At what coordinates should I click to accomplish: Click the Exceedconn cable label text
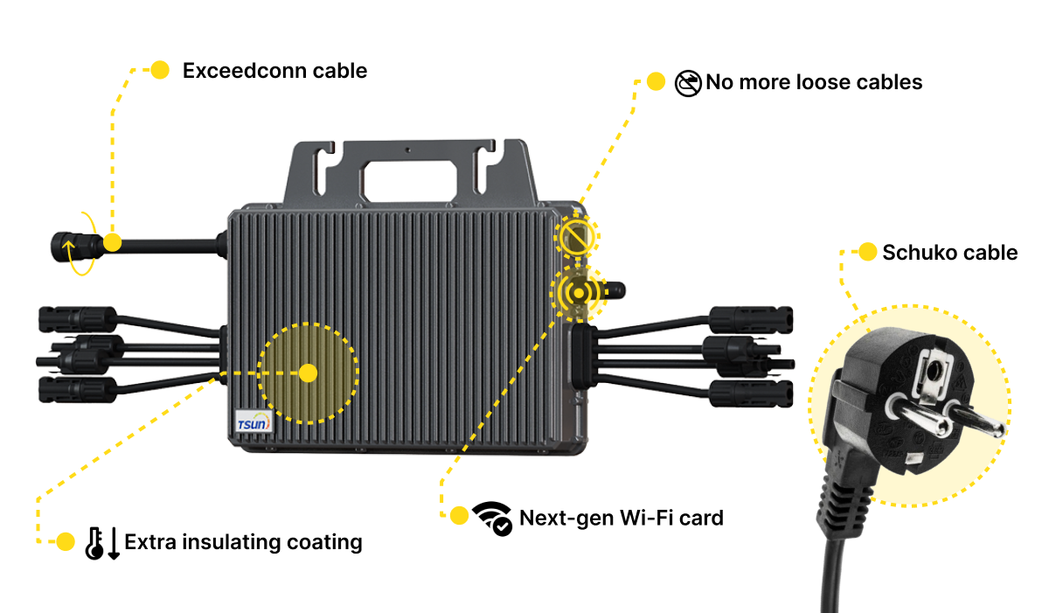tap(274, 71)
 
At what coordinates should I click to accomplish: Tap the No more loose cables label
tap(814, 82)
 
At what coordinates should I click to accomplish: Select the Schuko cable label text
tap(949, 253)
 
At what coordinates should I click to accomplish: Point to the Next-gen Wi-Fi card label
tap(622, 518)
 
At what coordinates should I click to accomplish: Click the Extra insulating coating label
tap(243, 542)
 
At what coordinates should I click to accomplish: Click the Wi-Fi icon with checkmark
tap(492, 519)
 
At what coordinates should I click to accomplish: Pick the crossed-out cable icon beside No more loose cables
tap(688, 83)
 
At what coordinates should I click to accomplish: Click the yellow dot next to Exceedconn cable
tap(160, 71)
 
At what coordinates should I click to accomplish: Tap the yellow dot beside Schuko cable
tap(867, 253)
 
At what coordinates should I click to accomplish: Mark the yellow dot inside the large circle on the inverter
tap(308, 373)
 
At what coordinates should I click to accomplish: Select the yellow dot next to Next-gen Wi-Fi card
tap(459, 516)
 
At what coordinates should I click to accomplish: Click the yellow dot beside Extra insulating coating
tap(65, 541)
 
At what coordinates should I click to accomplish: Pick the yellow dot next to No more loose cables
tap(656, 82)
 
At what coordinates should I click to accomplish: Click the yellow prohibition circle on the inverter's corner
tap(576, 235)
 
